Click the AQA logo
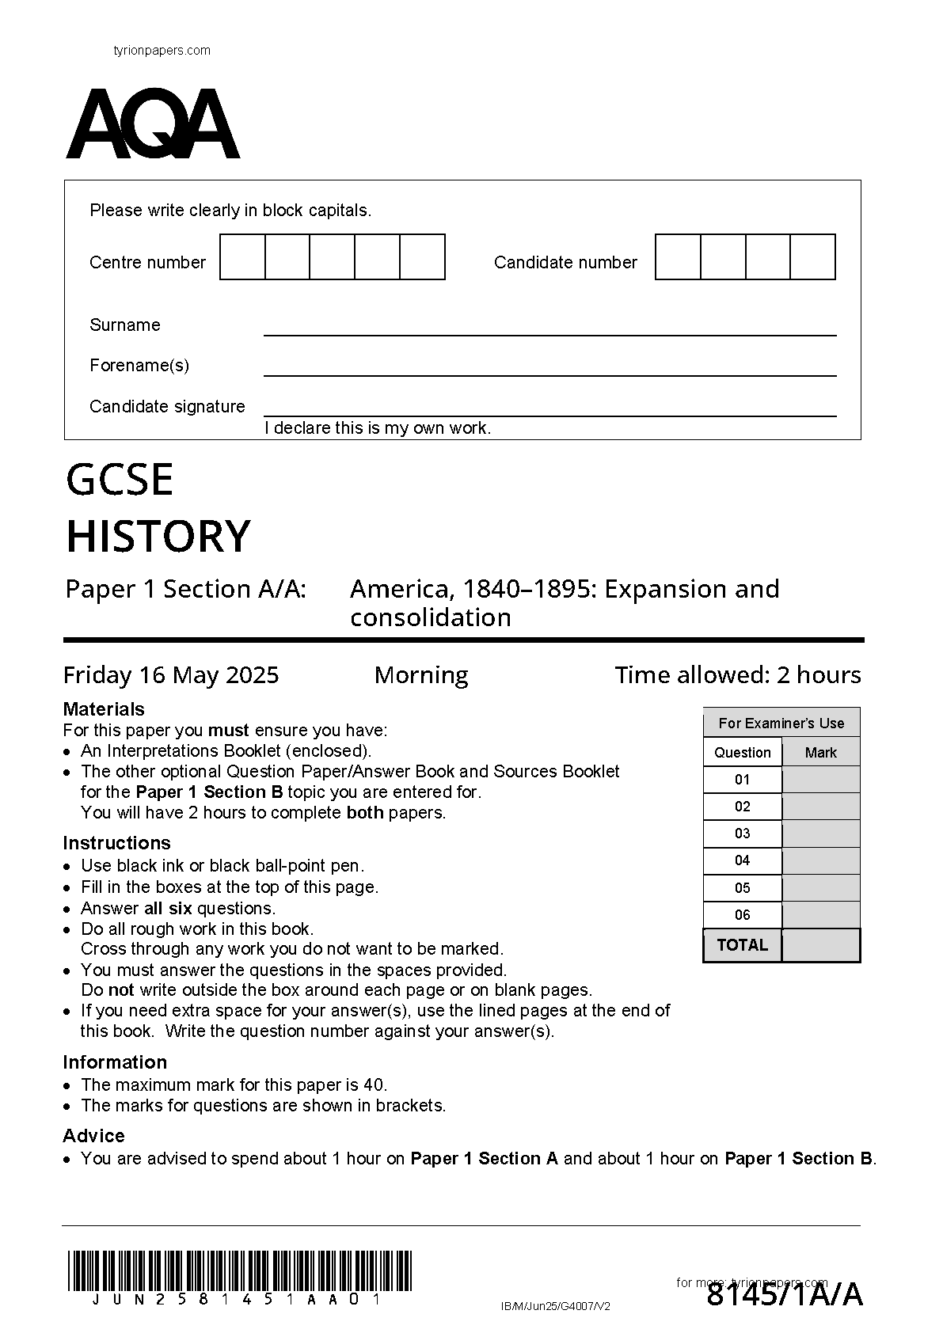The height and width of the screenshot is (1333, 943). point(152,124)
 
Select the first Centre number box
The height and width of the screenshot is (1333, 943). point(242,257)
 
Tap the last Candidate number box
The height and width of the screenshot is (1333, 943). point(812,257)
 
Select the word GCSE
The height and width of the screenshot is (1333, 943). point(120,480)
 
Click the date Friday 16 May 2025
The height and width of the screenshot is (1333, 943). point(171,675)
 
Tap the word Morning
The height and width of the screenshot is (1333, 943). point(420,675)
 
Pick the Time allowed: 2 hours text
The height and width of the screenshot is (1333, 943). point(737,675)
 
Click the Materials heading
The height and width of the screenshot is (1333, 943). point(104,709)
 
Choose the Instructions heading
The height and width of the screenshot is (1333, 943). point(116,843)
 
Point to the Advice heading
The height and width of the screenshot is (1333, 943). point(93,1136)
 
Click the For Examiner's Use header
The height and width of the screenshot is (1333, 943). point(781,723)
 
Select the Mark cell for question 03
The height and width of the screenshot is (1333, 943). point(820,834)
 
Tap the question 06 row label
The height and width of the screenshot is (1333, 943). point(742,915)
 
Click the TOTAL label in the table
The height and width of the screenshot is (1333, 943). point(742,945)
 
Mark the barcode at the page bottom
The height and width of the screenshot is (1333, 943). point(239,1271)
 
